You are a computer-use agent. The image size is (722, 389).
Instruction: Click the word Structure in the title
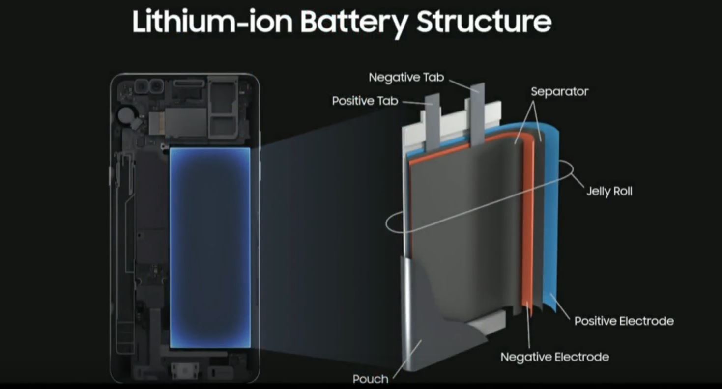pos(484,23)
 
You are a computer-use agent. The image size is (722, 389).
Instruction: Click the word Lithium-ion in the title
pos(211,23)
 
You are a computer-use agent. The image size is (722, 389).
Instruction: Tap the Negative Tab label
pos(406,78)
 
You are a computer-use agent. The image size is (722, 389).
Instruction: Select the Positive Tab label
pos(365,101)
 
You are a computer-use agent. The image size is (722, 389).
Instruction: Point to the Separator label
pos(559,92)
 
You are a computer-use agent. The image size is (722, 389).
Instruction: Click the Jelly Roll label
pos(609,191)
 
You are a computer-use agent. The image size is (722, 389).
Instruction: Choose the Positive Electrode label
pos(624,321)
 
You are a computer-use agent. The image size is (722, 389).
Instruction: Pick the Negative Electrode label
pos(554,357)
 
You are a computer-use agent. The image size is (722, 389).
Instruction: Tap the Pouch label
pos(370,379)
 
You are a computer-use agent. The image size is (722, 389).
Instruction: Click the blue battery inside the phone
pos(210,248)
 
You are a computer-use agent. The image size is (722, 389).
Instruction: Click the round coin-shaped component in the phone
pos(126,116)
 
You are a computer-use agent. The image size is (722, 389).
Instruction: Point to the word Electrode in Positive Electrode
pos(646,321)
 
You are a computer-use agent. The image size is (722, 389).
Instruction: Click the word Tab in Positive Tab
pos(388,101)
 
